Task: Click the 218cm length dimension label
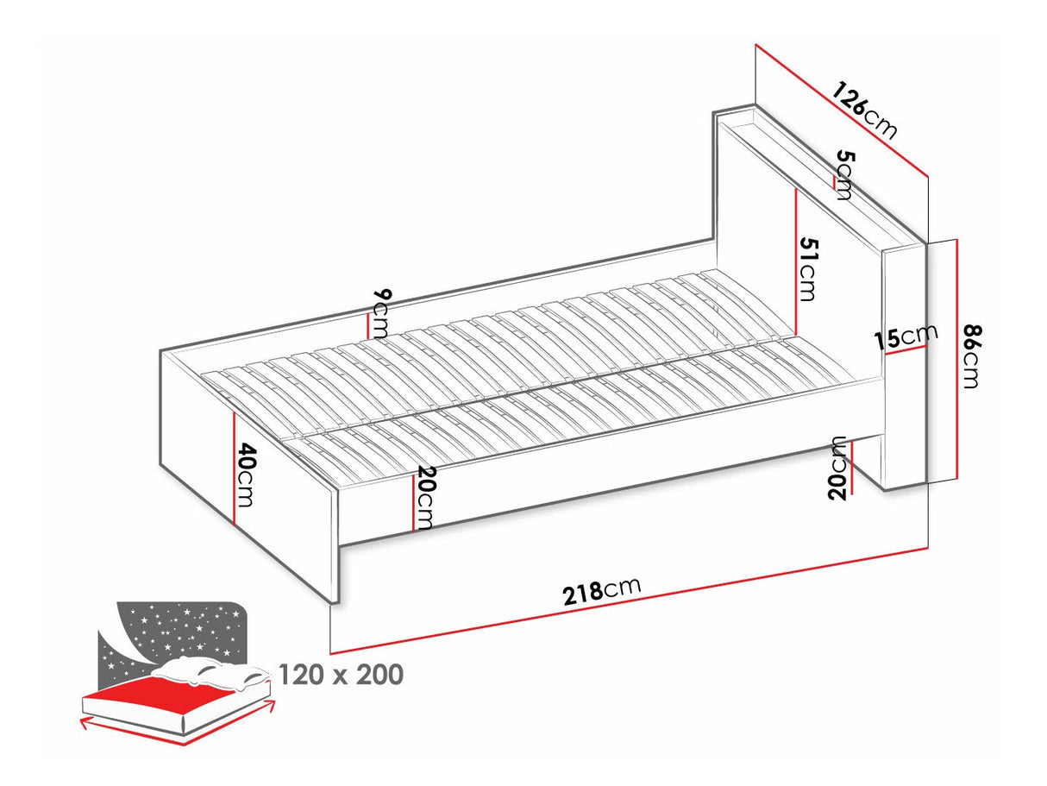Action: coord(601,591)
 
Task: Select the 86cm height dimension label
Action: coord(972,356)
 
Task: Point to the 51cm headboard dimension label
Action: coord(807,268)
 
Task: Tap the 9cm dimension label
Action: coord(381,312)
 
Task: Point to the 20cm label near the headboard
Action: coord(838,468)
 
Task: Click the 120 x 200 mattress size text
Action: coord(341,675)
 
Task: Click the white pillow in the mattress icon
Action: coord(210,672)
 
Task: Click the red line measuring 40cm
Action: coord(235,468)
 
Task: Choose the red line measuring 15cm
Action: coord(906,349)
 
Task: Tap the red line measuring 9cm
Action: coord(367,325)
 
